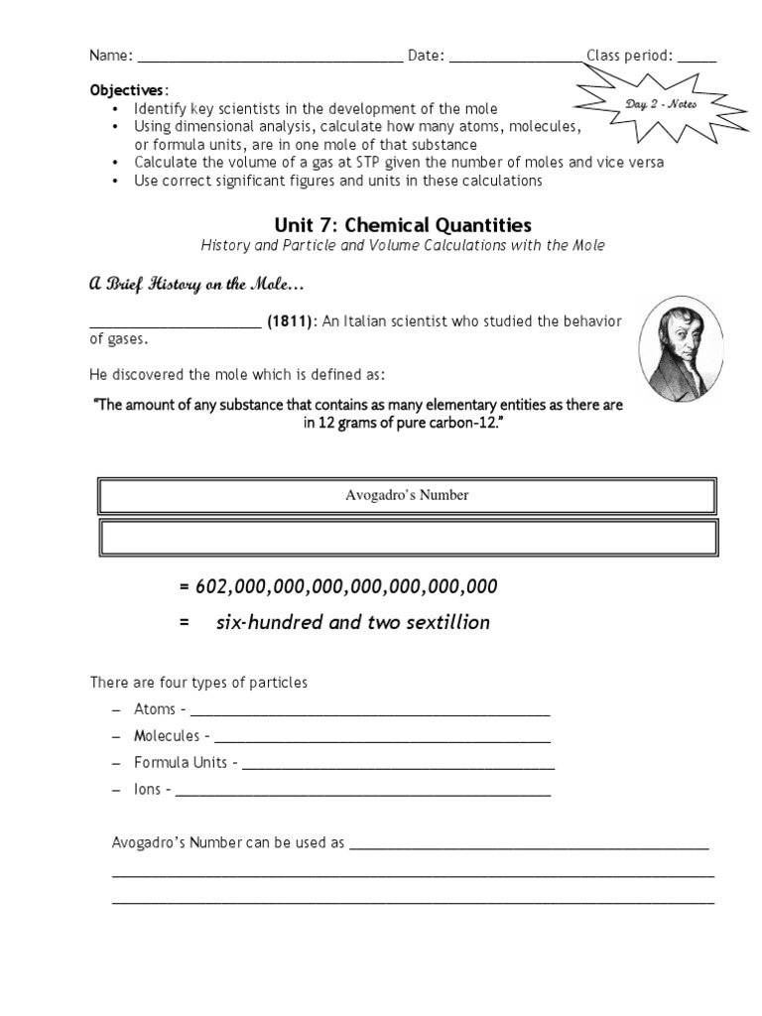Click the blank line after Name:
(270, 58)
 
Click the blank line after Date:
(516, 58)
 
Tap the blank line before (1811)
(175, 323)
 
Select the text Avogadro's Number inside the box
(407, 495)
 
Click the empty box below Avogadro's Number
(407, 538)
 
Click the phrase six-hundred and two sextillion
(352, 623)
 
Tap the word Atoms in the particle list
(155, 709)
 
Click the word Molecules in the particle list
(167, 736)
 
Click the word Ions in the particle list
(148, 790)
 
